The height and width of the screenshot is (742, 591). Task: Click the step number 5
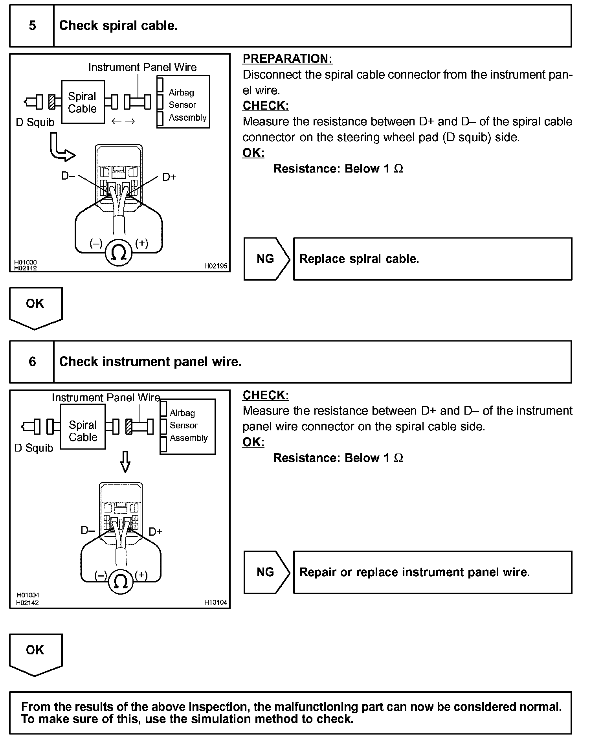[32, 26]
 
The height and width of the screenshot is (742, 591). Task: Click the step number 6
[32, 362]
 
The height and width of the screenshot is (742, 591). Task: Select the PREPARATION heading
[287, 59]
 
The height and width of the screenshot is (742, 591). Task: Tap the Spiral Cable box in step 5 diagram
[83, 102]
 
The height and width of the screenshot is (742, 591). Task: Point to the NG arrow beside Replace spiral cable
[266, 259]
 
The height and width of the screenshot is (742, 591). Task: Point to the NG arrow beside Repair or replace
[266, 572]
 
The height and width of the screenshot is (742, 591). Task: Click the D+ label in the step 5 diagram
[169, 177]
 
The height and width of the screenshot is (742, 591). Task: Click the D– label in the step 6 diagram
[88, 531]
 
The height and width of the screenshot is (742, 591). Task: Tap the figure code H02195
[215, 266]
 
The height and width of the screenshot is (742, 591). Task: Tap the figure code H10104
[215, 602]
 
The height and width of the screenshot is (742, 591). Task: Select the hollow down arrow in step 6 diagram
[125, 461]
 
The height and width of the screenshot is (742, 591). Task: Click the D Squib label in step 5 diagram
[35, 123]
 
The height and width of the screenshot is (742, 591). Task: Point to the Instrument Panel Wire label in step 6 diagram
[106, 398]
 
